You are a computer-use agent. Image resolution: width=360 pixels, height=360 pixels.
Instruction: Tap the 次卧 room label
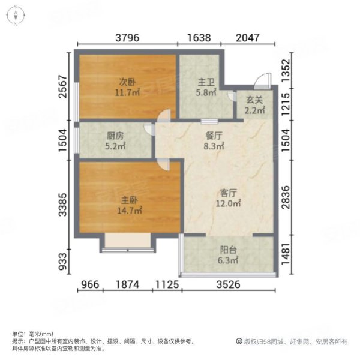[125, 83]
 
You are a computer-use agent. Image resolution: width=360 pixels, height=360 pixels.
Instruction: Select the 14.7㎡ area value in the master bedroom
[128, 211]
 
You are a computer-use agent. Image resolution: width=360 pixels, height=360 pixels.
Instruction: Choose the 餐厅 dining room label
[215, 136]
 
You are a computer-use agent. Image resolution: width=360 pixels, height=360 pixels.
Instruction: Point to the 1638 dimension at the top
[199, 38]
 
